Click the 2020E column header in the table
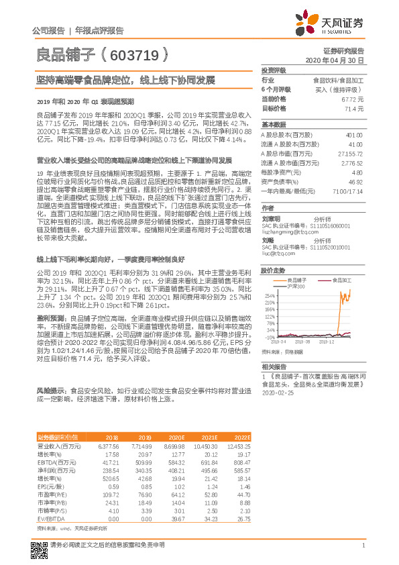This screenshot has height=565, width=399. point(180,436)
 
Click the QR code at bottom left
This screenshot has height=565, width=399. point(39,550)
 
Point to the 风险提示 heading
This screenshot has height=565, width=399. point(50,389)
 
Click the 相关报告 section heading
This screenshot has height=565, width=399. point(274,367)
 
